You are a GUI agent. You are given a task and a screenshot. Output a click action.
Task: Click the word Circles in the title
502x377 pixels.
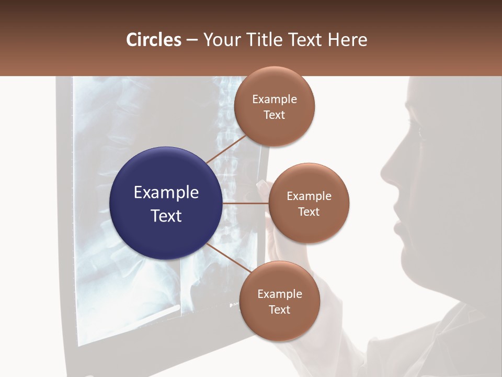click(x=153, y=40)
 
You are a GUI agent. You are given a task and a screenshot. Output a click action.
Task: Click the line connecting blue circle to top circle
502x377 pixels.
click(x=226, y=149)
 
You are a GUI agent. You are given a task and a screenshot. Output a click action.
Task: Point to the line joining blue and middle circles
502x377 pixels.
click(x=245, y=203)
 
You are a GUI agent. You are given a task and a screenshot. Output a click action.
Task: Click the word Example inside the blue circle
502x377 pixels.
click(x=166, y=193)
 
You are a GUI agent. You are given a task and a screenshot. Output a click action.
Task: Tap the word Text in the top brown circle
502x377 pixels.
click(x=274, y=115)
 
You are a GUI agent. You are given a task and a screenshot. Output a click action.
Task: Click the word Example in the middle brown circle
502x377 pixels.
click(x=309, y=196)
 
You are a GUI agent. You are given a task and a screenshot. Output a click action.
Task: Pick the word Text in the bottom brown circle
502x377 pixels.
click(x=279, y=310)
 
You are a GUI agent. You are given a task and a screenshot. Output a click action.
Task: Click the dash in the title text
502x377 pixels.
click(x=192, y=40)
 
